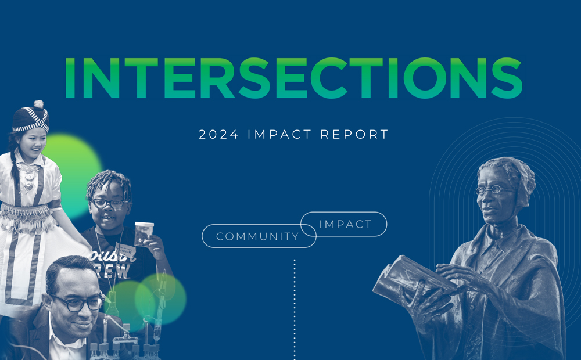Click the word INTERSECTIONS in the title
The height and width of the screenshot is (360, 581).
pyautogui.click(x=293, y=78)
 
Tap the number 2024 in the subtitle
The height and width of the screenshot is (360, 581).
pyautogui.click(x=218, y=134)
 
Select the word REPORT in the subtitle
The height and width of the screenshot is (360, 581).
pyautogui.click(x=354, y=134)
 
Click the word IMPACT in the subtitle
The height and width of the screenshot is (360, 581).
pyautogui.click(x=279, y=134)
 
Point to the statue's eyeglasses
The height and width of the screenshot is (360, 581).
pyautogui.click(x=493, y=190)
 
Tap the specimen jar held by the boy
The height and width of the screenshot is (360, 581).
pyautogui.click(x=144, y=233)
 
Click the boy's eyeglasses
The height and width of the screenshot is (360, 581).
pyautogui.click(x=109, y=204)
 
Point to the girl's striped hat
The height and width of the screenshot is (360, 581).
pyautogui.click(x=30, y=119)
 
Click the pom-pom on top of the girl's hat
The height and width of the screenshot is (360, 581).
pyautogui.click(x=38, y=105)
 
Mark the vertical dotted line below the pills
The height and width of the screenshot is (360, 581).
pyautogui.click(x=295, y=309)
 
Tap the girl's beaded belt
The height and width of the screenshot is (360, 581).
pyautogui.click(x=26, y=217)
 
